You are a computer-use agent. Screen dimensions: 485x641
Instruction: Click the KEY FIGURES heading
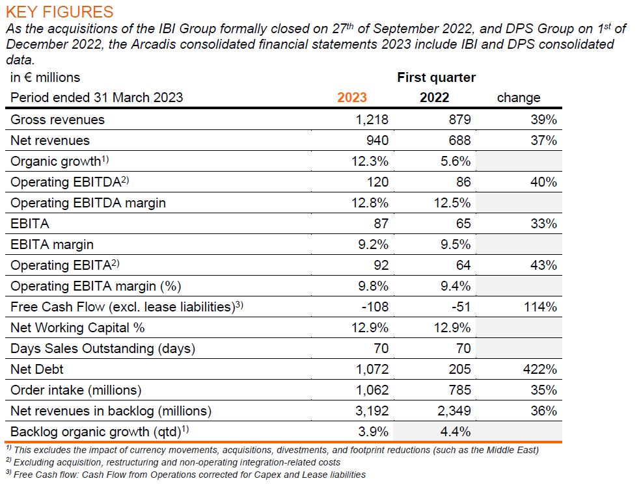tap(59, 12)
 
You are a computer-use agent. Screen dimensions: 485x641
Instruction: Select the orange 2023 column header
tap(352, 98)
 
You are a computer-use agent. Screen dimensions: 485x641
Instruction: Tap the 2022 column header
tap(434, 98)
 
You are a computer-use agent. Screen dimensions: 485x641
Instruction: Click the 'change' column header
tap(519, 98)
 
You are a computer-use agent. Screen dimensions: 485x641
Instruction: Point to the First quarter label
tap(436, 77)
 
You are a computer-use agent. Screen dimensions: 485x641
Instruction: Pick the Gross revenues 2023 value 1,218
tap(373, 120)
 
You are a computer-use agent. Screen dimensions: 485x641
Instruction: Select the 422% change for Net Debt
tap(541, 369)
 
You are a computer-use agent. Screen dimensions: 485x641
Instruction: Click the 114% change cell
tap(541, 307)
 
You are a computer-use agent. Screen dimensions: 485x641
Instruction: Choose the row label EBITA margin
tap(52, 244)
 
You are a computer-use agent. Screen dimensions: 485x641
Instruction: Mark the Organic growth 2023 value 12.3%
tap(370, 161)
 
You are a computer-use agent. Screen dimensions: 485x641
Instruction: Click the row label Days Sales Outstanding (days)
tap(103, 348)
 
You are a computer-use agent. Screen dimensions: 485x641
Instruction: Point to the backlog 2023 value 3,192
tap(373, 411)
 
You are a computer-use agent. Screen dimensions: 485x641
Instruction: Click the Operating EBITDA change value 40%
tap(543, 182)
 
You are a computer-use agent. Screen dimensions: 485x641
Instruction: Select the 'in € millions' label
tap(46, 77)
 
